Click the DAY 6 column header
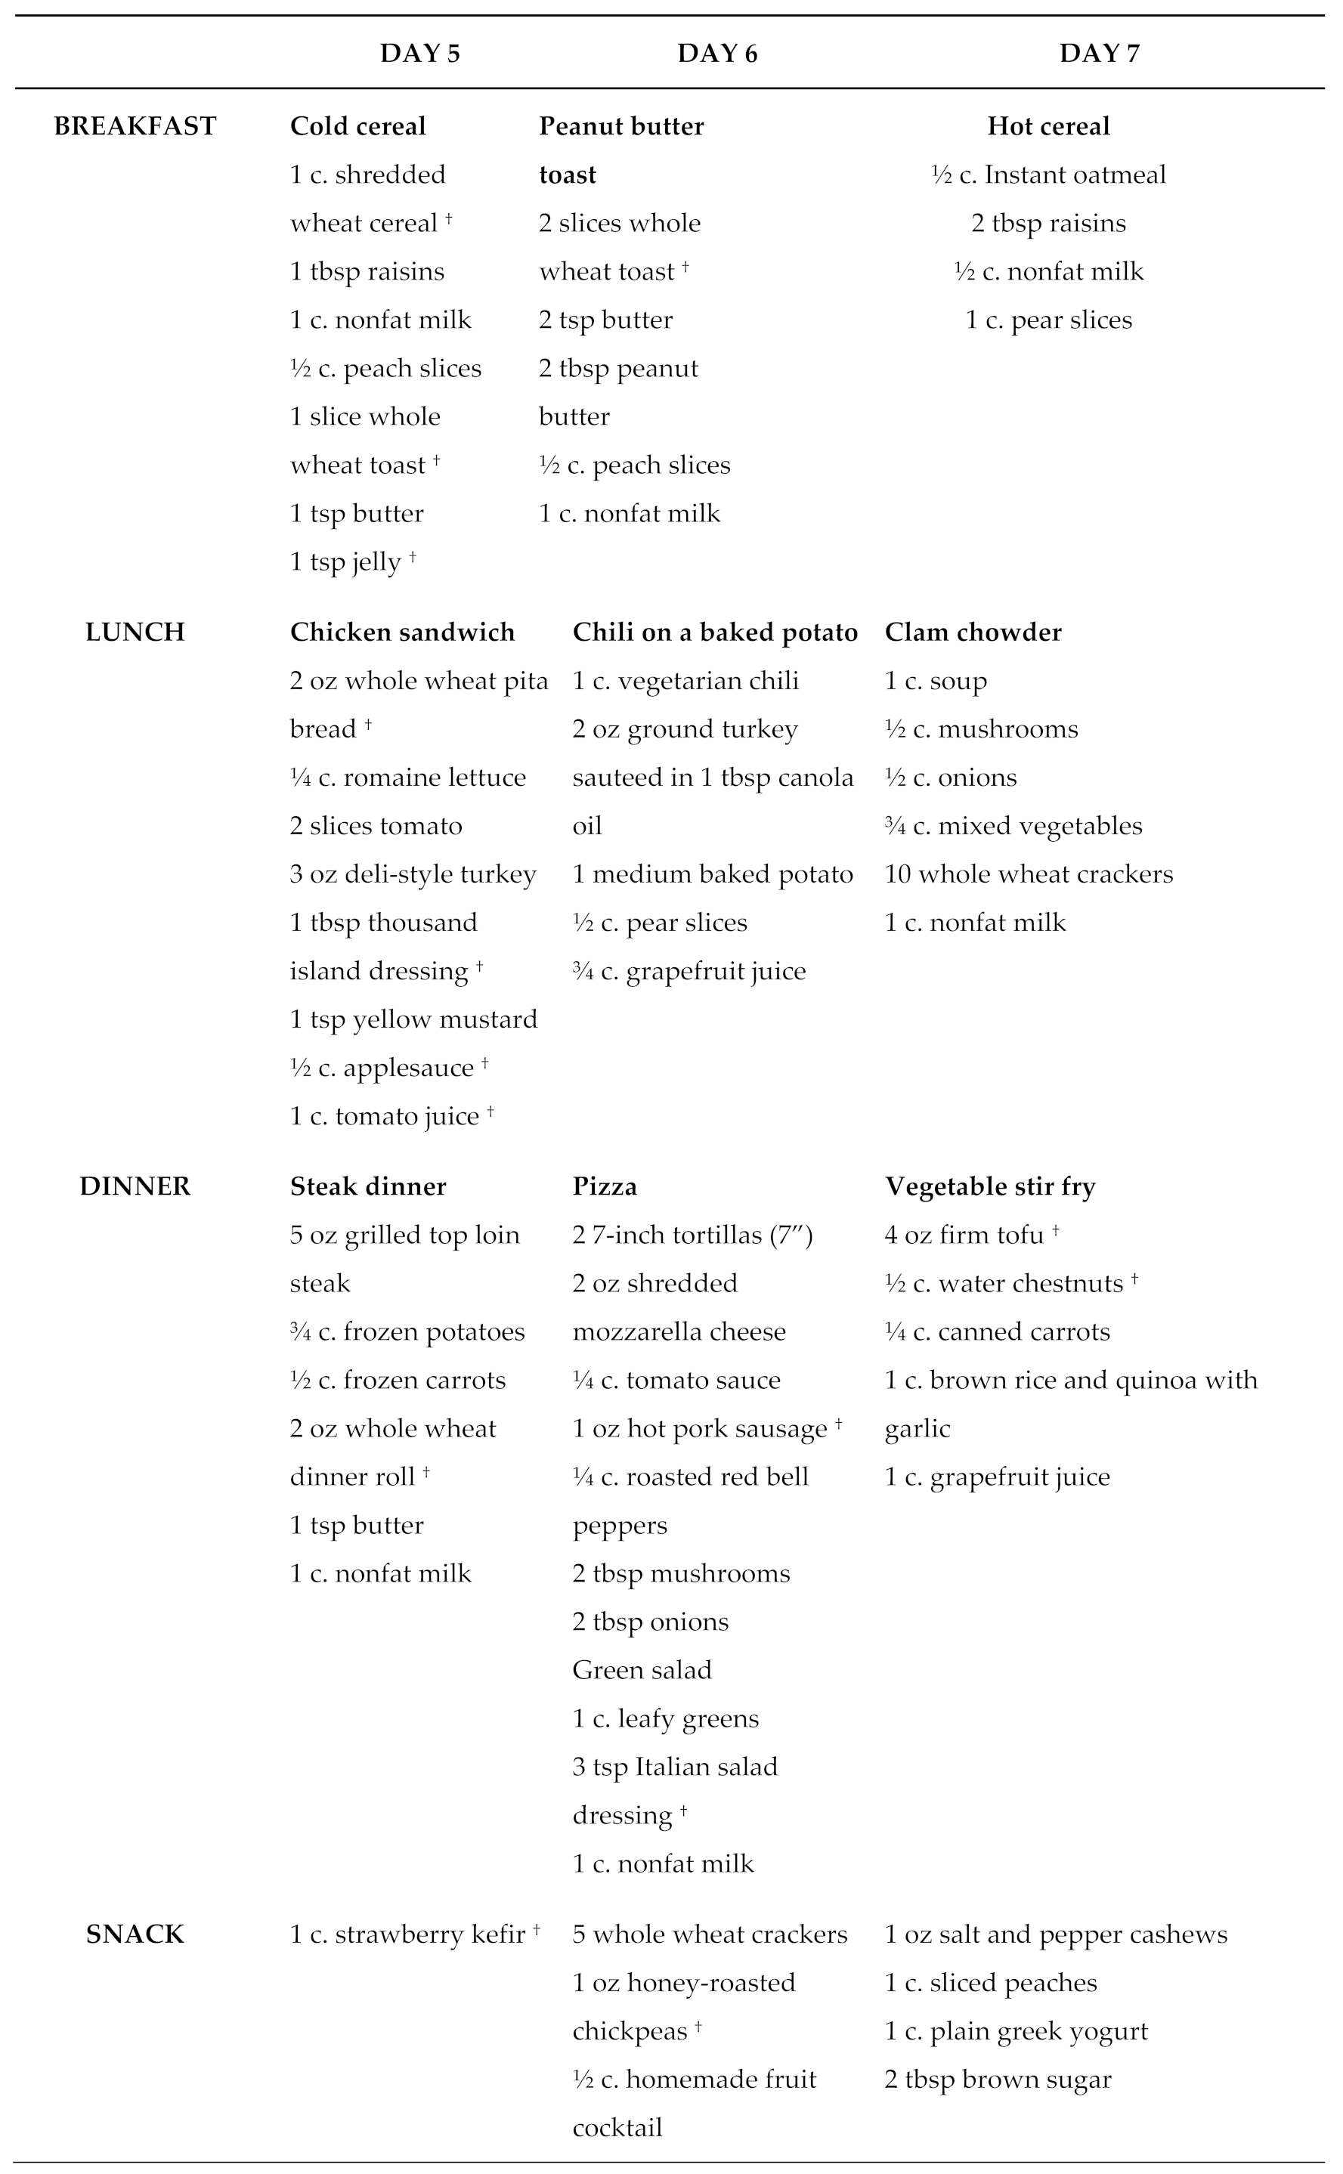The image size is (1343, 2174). point(716,54)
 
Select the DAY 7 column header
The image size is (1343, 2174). point(1099,54)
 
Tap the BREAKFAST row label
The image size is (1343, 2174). point(135,126)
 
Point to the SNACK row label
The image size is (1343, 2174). point(135,1934)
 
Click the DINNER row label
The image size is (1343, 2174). point(135,1186)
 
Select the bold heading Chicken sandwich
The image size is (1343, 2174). point(402,632)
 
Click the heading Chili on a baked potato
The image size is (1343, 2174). point(715,632)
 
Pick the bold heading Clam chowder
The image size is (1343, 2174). point(973,632)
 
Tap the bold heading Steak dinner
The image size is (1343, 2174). point(368,1186)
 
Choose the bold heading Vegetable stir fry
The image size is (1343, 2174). point(989,1186)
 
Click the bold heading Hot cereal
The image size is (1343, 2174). point(1048,126)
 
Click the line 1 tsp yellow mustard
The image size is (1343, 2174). point(414,1019)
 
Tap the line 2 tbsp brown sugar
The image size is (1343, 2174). point(998,2080)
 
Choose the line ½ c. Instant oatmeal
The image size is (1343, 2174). point(1048,175)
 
